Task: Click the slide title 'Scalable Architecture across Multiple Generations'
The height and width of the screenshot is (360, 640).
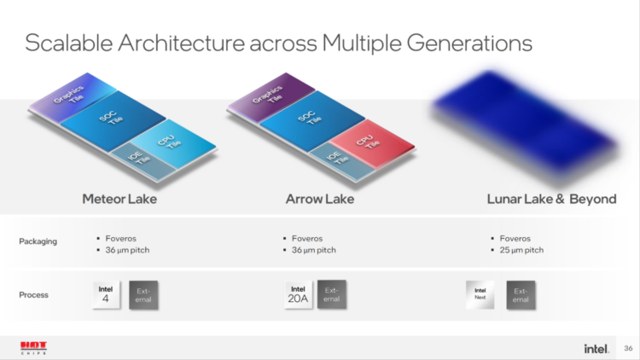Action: [278, 44]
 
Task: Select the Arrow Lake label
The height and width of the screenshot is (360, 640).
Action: [320, 199]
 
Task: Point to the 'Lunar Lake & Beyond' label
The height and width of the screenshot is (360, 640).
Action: [551, 199]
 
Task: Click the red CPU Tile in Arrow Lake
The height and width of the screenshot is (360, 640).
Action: [366, 140]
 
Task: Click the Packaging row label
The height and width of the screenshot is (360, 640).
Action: [38, 241]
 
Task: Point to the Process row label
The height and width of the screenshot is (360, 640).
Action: [33, 294]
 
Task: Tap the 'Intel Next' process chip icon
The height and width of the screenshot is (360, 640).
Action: [480, 293]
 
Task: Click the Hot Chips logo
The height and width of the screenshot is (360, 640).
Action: [33, 347]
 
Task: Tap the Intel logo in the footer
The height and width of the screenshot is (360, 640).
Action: [596, 348]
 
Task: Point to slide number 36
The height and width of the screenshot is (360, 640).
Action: [628, 348]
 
